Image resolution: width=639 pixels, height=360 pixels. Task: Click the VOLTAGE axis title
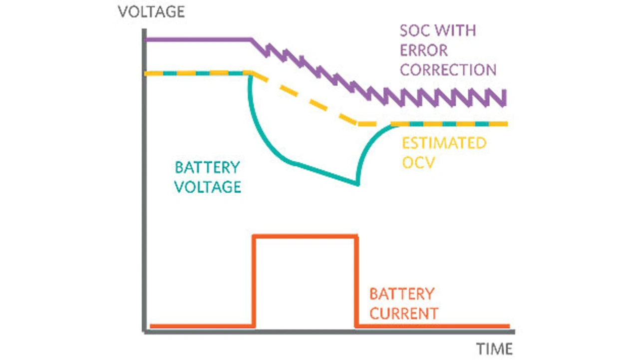click(x=151, y=11)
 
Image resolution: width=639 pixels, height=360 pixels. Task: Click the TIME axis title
click(x=494, y=348)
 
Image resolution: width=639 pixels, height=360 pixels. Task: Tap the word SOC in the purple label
click(x=416, y=30)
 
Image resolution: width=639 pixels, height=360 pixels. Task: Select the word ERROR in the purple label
click(x=424, y=50)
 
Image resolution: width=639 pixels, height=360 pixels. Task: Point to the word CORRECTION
click(x=448, y=69)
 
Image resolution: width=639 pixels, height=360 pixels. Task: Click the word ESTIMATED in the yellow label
click(x=444, y=143)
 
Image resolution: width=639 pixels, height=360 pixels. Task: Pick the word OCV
click(x=419, y=163)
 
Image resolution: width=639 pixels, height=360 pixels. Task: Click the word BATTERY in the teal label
click(x=207, y=167)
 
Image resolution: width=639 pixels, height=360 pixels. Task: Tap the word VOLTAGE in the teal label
click(x=208, y=187)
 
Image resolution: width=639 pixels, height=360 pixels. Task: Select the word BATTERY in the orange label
click(x=401, y=293)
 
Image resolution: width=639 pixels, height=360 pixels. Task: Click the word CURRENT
click(x=403, y=313)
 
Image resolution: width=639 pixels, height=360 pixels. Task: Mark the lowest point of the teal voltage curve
click(x=357, y=184)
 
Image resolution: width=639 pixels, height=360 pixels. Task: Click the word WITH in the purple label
click(x=457, y=30)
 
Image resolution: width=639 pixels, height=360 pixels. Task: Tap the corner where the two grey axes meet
click(x=145, y=331)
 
